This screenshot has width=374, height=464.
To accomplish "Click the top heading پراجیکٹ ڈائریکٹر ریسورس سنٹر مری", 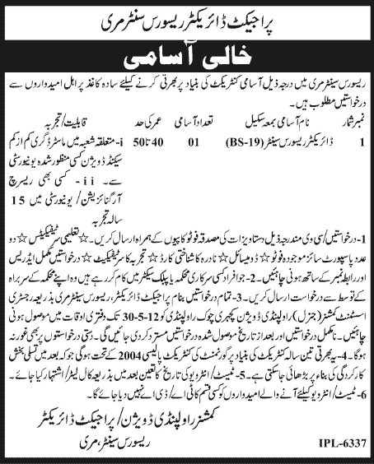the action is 186,16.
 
